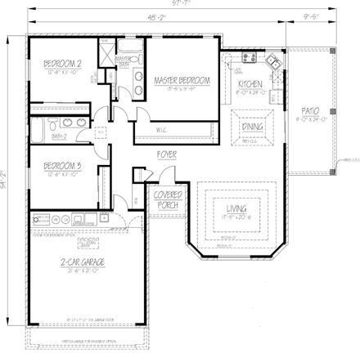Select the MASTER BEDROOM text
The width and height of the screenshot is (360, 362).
[x=182, y=80]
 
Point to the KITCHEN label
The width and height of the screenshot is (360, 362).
[x=250, y=83]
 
